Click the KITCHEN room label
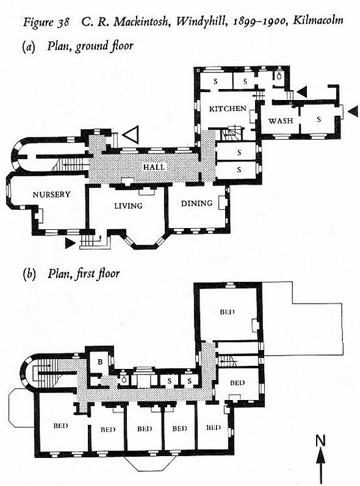[228, 109]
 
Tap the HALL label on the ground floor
[154, 167]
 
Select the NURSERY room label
[51, 195]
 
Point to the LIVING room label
[128, 206]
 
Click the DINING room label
[197, 203]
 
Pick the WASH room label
[281, 121]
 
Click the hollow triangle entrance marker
[131, 135]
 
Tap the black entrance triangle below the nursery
[70, 243]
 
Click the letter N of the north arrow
[320, 440]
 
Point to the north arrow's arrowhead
[321, 456]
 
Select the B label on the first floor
[100, 362]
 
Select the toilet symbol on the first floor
[123, 379]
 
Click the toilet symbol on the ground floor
[279, 76]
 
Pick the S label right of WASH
[319, 119]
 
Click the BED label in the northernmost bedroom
[227, 312]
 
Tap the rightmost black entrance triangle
[353, 111]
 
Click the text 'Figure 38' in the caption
[46, 23]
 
